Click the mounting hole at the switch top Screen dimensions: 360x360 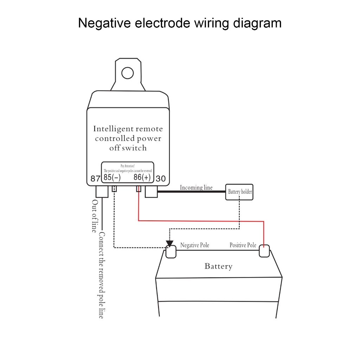127,73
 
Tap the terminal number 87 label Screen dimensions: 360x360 95,179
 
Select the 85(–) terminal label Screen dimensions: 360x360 112,177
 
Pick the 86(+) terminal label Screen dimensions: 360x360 142,177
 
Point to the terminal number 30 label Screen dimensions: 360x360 161,179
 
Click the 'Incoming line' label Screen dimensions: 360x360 196,187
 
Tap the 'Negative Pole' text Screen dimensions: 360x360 194,245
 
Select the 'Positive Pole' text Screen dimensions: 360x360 243,245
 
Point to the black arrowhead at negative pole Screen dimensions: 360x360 169,243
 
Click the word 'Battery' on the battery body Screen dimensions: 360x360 218,266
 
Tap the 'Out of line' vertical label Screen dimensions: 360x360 94,216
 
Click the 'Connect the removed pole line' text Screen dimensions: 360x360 101,275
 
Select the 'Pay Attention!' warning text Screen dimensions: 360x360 128,166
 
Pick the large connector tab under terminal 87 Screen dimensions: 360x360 102,192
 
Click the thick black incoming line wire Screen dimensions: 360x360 192,192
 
